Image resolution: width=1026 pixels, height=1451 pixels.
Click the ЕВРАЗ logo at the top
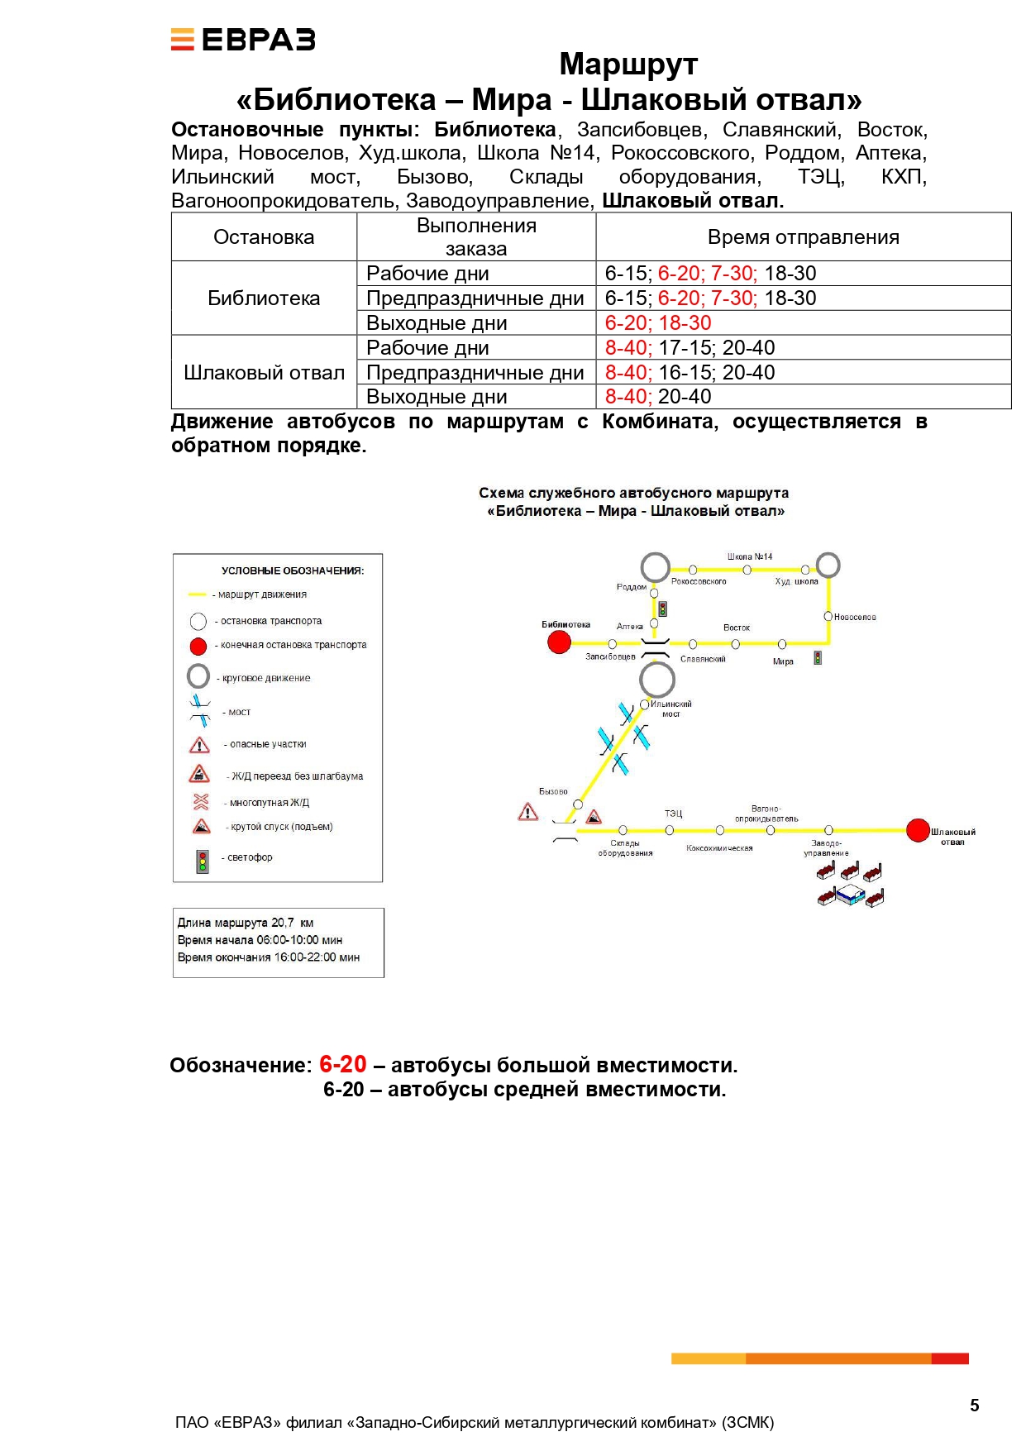click(243, 40)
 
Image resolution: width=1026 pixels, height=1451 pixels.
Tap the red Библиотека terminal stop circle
click(560, 642)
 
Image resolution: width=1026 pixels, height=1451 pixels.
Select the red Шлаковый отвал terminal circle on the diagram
click(918, 830)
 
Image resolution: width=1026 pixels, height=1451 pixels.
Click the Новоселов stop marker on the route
click(828, 616)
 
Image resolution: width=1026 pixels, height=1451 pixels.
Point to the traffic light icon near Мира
click(818, 658)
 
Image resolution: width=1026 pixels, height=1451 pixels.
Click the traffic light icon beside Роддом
click(662, 609)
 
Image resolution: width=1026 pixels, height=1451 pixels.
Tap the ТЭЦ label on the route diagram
click(674, 814)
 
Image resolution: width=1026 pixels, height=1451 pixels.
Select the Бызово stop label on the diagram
click(553, 791)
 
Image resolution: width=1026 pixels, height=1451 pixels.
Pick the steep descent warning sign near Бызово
click(594, 818)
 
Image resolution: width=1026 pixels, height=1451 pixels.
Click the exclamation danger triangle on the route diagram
click(527, 813)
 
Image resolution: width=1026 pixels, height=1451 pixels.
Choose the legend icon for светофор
click(202, 862)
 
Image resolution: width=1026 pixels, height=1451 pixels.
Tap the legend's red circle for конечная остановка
click(198, 646)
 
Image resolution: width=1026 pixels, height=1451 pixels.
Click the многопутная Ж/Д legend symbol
click(201, 801)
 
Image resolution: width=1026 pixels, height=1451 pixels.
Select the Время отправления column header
click(803, 237)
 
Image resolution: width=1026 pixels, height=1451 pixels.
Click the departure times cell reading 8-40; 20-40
click(658, 397)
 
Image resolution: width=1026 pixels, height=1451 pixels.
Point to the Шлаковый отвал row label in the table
click(264, 373)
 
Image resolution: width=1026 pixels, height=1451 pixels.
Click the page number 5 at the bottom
click(974, 1406)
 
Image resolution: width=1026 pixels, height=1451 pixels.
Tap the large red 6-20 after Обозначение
click(342, 1064)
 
